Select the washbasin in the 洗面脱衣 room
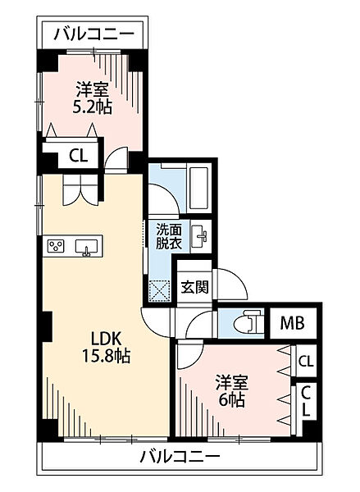pos(200,237)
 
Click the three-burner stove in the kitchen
pos(57,246)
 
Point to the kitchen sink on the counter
pos(86,246)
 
